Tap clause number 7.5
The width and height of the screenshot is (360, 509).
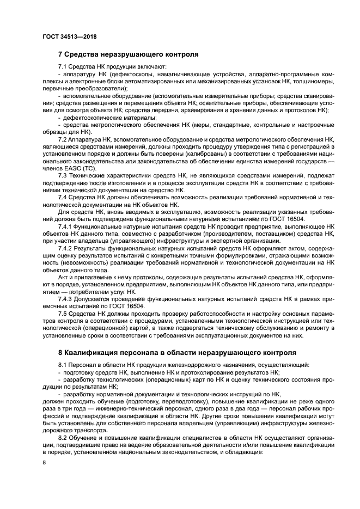(64, 316)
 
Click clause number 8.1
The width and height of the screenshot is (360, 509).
(64, 364)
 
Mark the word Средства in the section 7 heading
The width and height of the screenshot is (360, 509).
(83, 54)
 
